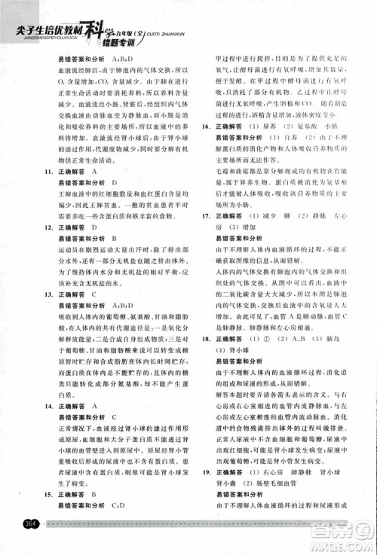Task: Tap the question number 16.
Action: (204, 127)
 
